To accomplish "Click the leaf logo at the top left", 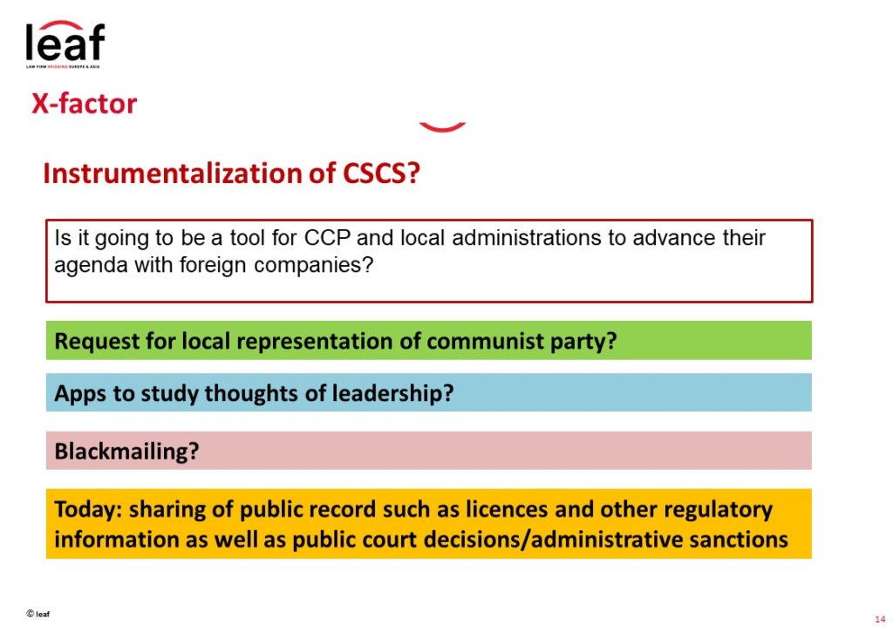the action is click(x=65, y=44).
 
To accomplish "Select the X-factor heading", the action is click(x=85, y=104).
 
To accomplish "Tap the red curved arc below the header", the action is click(x=442, y=127).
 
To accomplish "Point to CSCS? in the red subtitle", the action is click(x=381, y=173).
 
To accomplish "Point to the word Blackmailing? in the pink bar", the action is click(x=126, y=451).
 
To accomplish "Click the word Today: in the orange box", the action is click(x=88, y=510).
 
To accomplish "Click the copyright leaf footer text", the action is click(x=37, y=614).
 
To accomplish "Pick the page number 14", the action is click(x=880, y=619).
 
